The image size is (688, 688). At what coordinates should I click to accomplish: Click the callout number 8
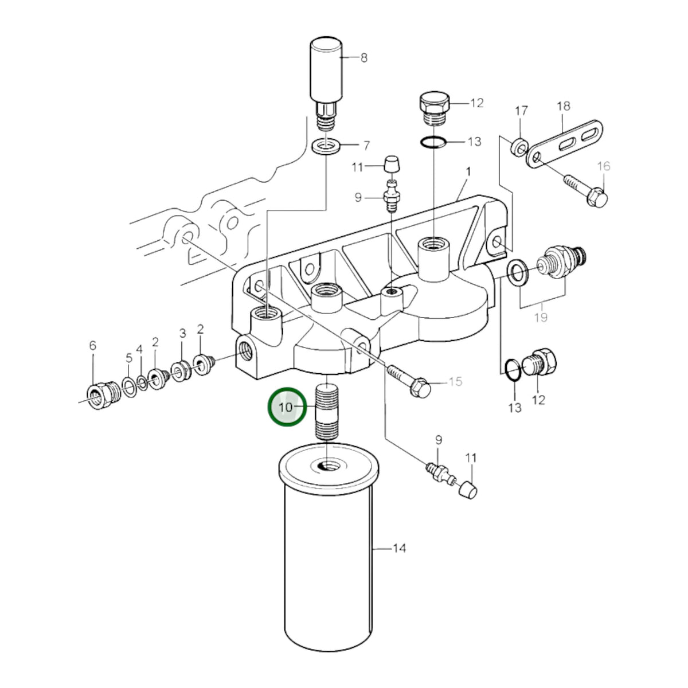pos(364,58)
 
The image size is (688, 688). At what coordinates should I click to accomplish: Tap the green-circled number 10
pos(286,407)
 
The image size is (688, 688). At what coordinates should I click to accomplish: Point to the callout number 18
pos(564,106)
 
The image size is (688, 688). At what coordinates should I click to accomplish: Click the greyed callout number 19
pos(541,317)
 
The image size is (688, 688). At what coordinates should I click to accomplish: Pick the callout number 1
pos(468,172)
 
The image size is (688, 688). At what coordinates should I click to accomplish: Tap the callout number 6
pos(93,345)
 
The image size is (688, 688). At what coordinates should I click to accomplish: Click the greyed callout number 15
pos(456,382)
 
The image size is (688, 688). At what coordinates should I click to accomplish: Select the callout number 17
pos(521,111)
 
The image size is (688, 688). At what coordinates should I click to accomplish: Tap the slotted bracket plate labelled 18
pos(565,143)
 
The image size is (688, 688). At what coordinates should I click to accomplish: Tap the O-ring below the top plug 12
pos(433,142)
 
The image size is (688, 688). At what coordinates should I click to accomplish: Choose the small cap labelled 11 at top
pos(392,163)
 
